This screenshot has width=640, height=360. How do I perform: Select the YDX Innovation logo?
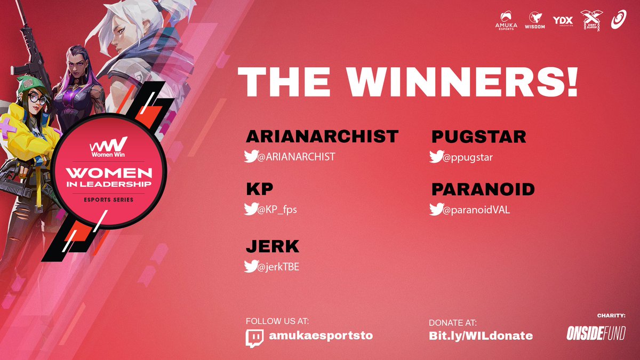click(563, 20)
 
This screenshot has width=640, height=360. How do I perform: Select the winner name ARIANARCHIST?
click(322, 137)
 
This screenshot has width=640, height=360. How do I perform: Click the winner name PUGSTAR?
click(478, 137)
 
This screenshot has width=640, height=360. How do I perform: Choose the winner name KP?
click(260, 190)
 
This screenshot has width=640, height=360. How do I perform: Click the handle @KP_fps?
click(278, 210)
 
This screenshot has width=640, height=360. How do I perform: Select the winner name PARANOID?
click(483, 190)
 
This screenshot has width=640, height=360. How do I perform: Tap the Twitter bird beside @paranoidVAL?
click(436, 210)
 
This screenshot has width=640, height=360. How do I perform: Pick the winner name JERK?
click(273, 247)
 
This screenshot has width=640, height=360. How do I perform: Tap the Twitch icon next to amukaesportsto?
click(254, 338)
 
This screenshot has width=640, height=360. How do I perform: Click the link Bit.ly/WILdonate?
click(481, 335)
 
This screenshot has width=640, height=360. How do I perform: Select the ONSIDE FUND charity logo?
click(596, 333)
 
